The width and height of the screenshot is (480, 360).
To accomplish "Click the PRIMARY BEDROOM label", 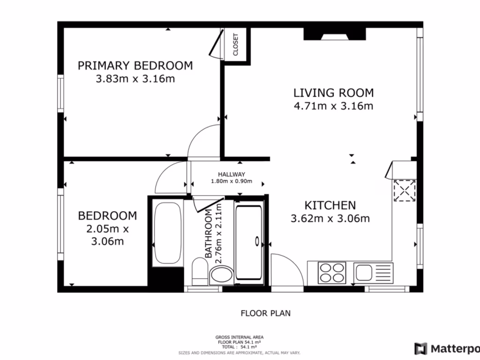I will click(135, 66).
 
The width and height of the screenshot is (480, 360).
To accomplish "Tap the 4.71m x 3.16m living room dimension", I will click(333, 106).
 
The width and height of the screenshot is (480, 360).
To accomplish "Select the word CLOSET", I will click(236, 45).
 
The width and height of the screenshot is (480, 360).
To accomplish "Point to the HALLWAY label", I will click(232, 174).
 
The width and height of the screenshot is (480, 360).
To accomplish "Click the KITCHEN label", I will click(330, 205).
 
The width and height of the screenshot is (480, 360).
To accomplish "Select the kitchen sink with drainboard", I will click(369, 272).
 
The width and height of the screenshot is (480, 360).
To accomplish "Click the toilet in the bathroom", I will click(199, 272).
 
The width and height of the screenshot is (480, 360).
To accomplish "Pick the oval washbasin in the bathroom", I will click(221, 275).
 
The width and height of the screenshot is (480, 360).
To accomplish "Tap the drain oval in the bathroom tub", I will click(257, 241).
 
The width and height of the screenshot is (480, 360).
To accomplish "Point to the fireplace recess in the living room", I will click(334, 34).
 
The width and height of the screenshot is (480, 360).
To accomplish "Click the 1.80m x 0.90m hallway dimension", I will click(232, 181).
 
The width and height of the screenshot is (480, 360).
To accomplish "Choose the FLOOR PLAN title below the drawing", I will click(265, 313).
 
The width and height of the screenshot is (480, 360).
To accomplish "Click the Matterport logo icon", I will click(420, 349).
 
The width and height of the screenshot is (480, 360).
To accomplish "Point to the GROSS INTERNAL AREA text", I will click(239, 337).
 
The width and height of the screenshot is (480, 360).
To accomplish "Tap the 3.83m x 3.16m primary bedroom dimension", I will click(135, 79).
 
